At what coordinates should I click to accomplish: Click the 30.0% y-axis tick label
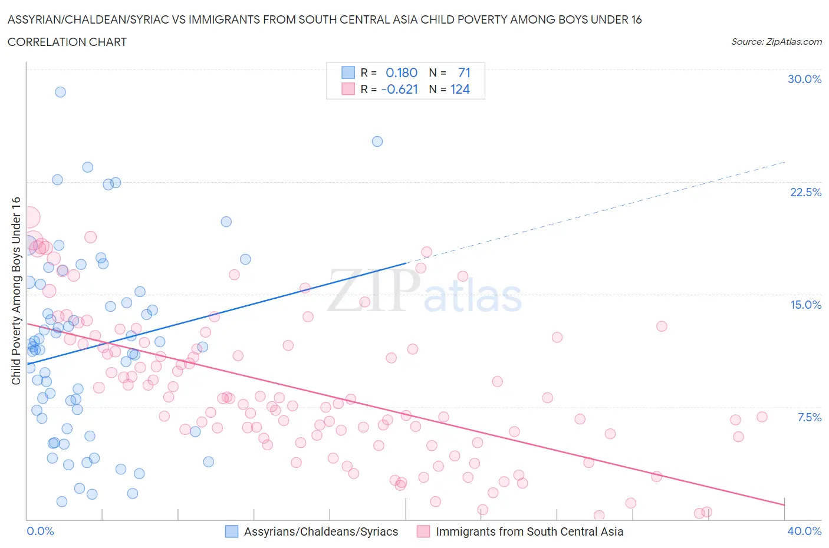(x=804, y=79)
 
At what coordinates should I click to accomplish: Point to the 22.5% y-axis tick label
(x=805, y=192)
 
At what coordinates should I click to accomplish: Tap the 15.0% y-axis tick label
(x=805, y=305)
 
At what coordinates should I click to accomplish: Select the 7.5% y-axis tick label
(x=809, y=417)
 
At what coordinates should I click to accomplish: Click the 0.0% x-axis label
(x=41, y=531)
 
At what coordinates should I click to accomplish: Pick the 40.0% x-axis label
(x=804, y=531)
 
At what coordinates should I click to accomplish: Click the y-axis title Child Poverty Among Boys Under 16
(x=16, y=290)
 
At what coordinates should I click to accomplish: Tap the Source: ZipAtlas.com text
(x=776, y=42)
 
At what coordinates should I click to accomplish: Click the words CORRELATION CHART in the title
(x=67, y=42)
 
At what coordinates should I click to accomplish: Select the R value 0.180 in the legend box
(x=401, y=72)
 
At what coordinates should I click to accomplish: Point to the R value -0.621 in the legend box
(x=399, y=89)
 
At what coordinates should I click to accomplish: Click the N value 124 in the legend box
(x=460, y=89)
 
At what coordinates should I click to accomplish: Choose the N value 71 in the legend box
(x=464, y=72)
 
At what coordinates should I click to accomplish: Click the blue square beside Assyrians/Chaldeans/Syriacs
(x=232, y=532)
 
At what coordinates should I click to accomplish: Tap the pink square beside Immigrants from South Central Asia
(x=423, y=532)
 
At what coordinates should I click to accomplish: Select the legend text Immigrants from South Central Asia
(x=529, y=532)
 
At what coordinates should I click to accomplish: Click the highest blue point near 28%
(x=60, y=92)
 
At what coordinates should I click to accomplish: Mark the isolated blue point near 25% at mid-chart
(x=377, y=141)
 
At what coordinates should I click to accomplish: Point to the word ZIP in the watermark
(x=373, y=290)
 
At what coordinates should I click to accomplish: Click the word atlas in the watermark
(x=472, y=296)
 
